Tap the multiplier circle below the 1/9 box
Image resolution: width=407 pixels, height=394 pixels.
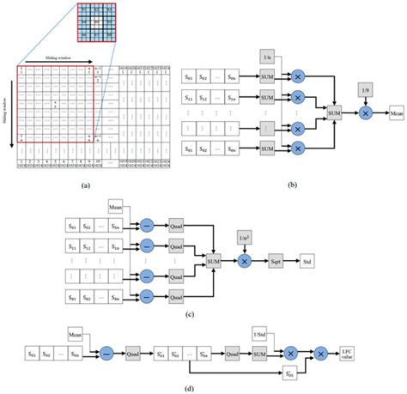365,112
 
